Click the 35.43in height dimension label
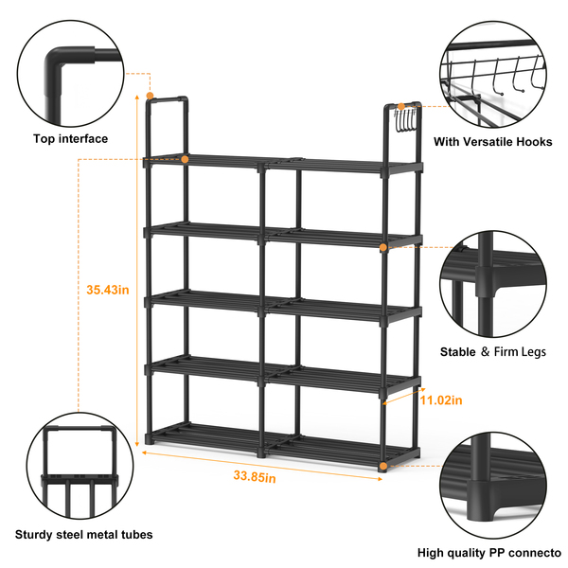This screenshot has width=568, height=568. [x=108, y=290]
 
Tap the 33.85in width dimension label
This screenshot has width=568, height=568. [x=255, y=476]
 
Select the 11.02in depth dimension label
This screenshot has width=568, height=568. [x=441, y=400]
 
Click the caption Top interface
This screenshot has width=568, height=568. [x=71, y=139]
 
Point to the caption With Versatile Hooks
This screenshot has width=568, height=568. [x=493, y=142]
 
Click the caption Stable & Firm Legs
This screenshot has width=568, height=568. [x=493, y=352]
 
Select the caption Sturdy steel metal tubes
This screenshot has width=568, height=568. [x=83, y=534]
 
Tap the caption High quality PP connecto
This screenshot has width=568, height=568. [x=489, y=553]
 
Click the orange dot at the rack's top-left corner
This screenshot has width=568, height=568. [x=150, y=96]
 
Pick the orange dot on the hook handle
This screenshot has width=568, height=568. [x=401, y=106]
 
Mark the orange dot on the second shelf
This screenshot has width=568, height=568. [x=383, y=247]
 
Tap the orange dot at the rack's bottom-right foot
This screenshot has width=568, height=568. [x=383, y=466]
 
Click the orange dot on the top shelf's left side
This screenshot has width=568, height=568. [x=185, y=159]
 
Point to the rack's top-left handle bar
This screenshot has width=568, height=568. [x=168, y=99]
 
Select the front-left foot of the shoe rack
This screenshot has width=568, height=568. [x=149, y=439]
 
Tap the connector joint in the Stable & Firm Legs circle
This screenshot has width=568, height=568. [x=486, y=282]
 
